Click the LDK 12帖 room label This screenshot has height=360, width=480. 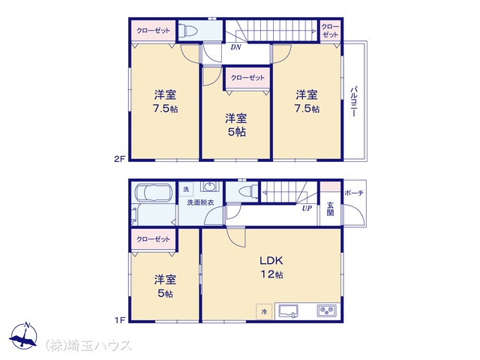(x=271, y=267)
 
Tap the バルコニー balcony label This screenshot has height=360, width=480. (x=354, y=102)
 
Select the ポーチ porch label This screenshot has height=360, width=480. (x=354, y=193)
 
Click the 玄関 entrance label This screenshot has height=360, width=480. (x=330, y=209)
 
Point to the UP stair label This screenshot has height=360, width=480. (x=307, y=208)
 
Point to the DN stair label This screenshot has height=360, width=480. (x=235, y=47)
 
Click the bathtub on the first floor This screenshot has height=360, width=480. (x=154, y=193)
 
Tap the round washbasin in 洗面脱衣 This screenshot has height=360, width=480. (x=210, y=187)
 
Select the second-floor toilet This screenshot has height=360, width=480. (x=187, y=30)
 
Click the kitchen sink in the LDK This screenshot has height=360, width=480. (x=289, y=312)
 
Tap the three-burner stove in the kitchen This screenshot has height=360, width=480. (x=327, y=311)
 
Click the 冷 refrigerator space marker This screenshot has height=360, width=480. (x=264, y=312)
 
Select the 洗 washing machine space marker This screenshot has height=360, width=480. (x=186, y=189)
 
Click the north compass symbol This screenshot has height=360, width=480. (x=23, y=336)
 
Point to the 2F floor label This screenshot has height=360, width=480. (x=120, y=159)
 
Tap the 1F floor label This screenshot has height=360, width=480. (x=120, y=320)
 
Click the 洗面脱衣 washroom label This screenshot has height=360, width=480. (x=200, y=202)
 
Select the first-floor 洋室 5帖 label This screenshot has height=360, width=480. (x=165, y=286)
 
